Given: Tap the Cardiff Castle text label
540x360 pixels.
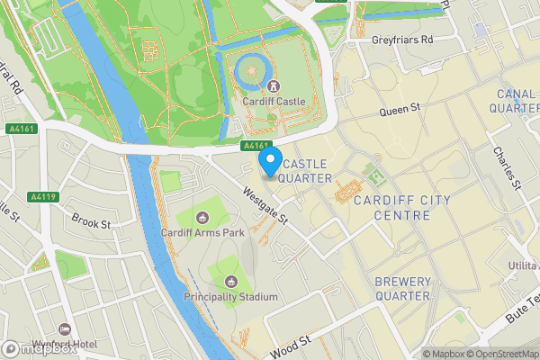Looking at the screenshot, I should coord(274,102).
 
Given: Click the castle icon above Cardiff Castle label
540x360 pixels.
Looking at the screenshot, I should coord(271,86).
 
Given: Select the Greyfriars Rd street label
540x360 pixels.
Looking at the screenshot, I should coord(402,40).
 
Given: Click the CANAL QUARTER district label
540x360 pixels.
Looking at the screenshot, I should coord(516,101).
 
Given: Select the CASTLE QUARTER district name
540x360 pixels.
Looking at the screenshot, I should coord(306,171).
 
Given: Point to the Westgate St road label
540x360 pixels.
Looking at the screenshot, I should coord(265,204).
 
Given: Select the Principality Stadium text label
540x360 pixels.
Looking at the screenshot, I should coord(230,297).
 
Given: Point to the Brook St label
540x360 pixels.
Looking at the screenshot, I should coord(91,220).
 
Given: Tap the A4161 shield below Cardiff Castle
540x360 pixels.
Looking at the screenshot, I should coord(256,145).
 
